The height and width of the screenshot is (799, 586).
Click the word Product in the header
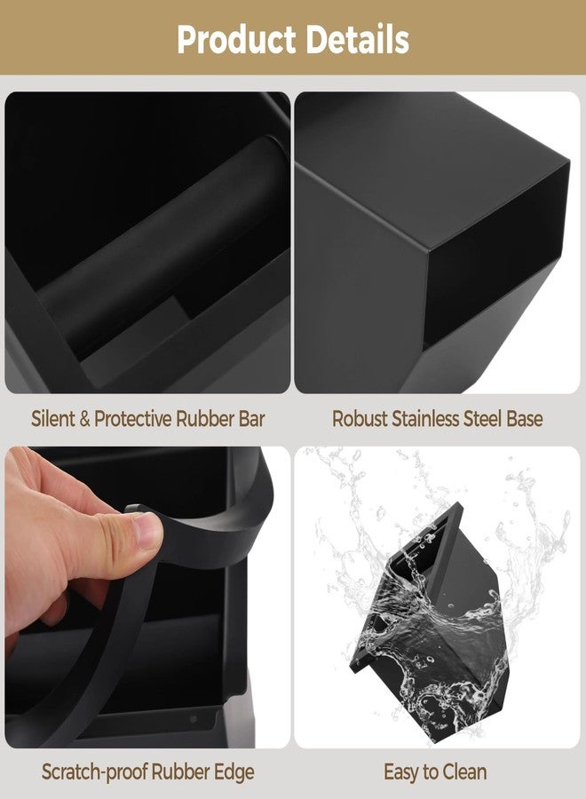236,40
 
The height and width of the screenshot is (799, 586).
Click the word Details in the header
358,39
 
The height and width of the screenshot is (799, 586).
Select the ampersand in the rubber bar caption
84,419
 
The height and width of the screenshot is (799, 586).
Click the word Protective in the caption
132,419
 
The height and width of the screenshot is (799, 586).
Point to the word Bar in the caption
252,419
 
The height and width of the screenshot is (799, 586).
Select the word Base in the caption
525,419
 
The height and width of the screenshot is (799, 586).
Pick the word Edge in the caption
236,773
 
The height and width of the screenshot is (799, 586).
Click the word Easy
402,772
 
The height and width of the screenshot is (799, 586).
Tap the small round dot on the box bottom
194,719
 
